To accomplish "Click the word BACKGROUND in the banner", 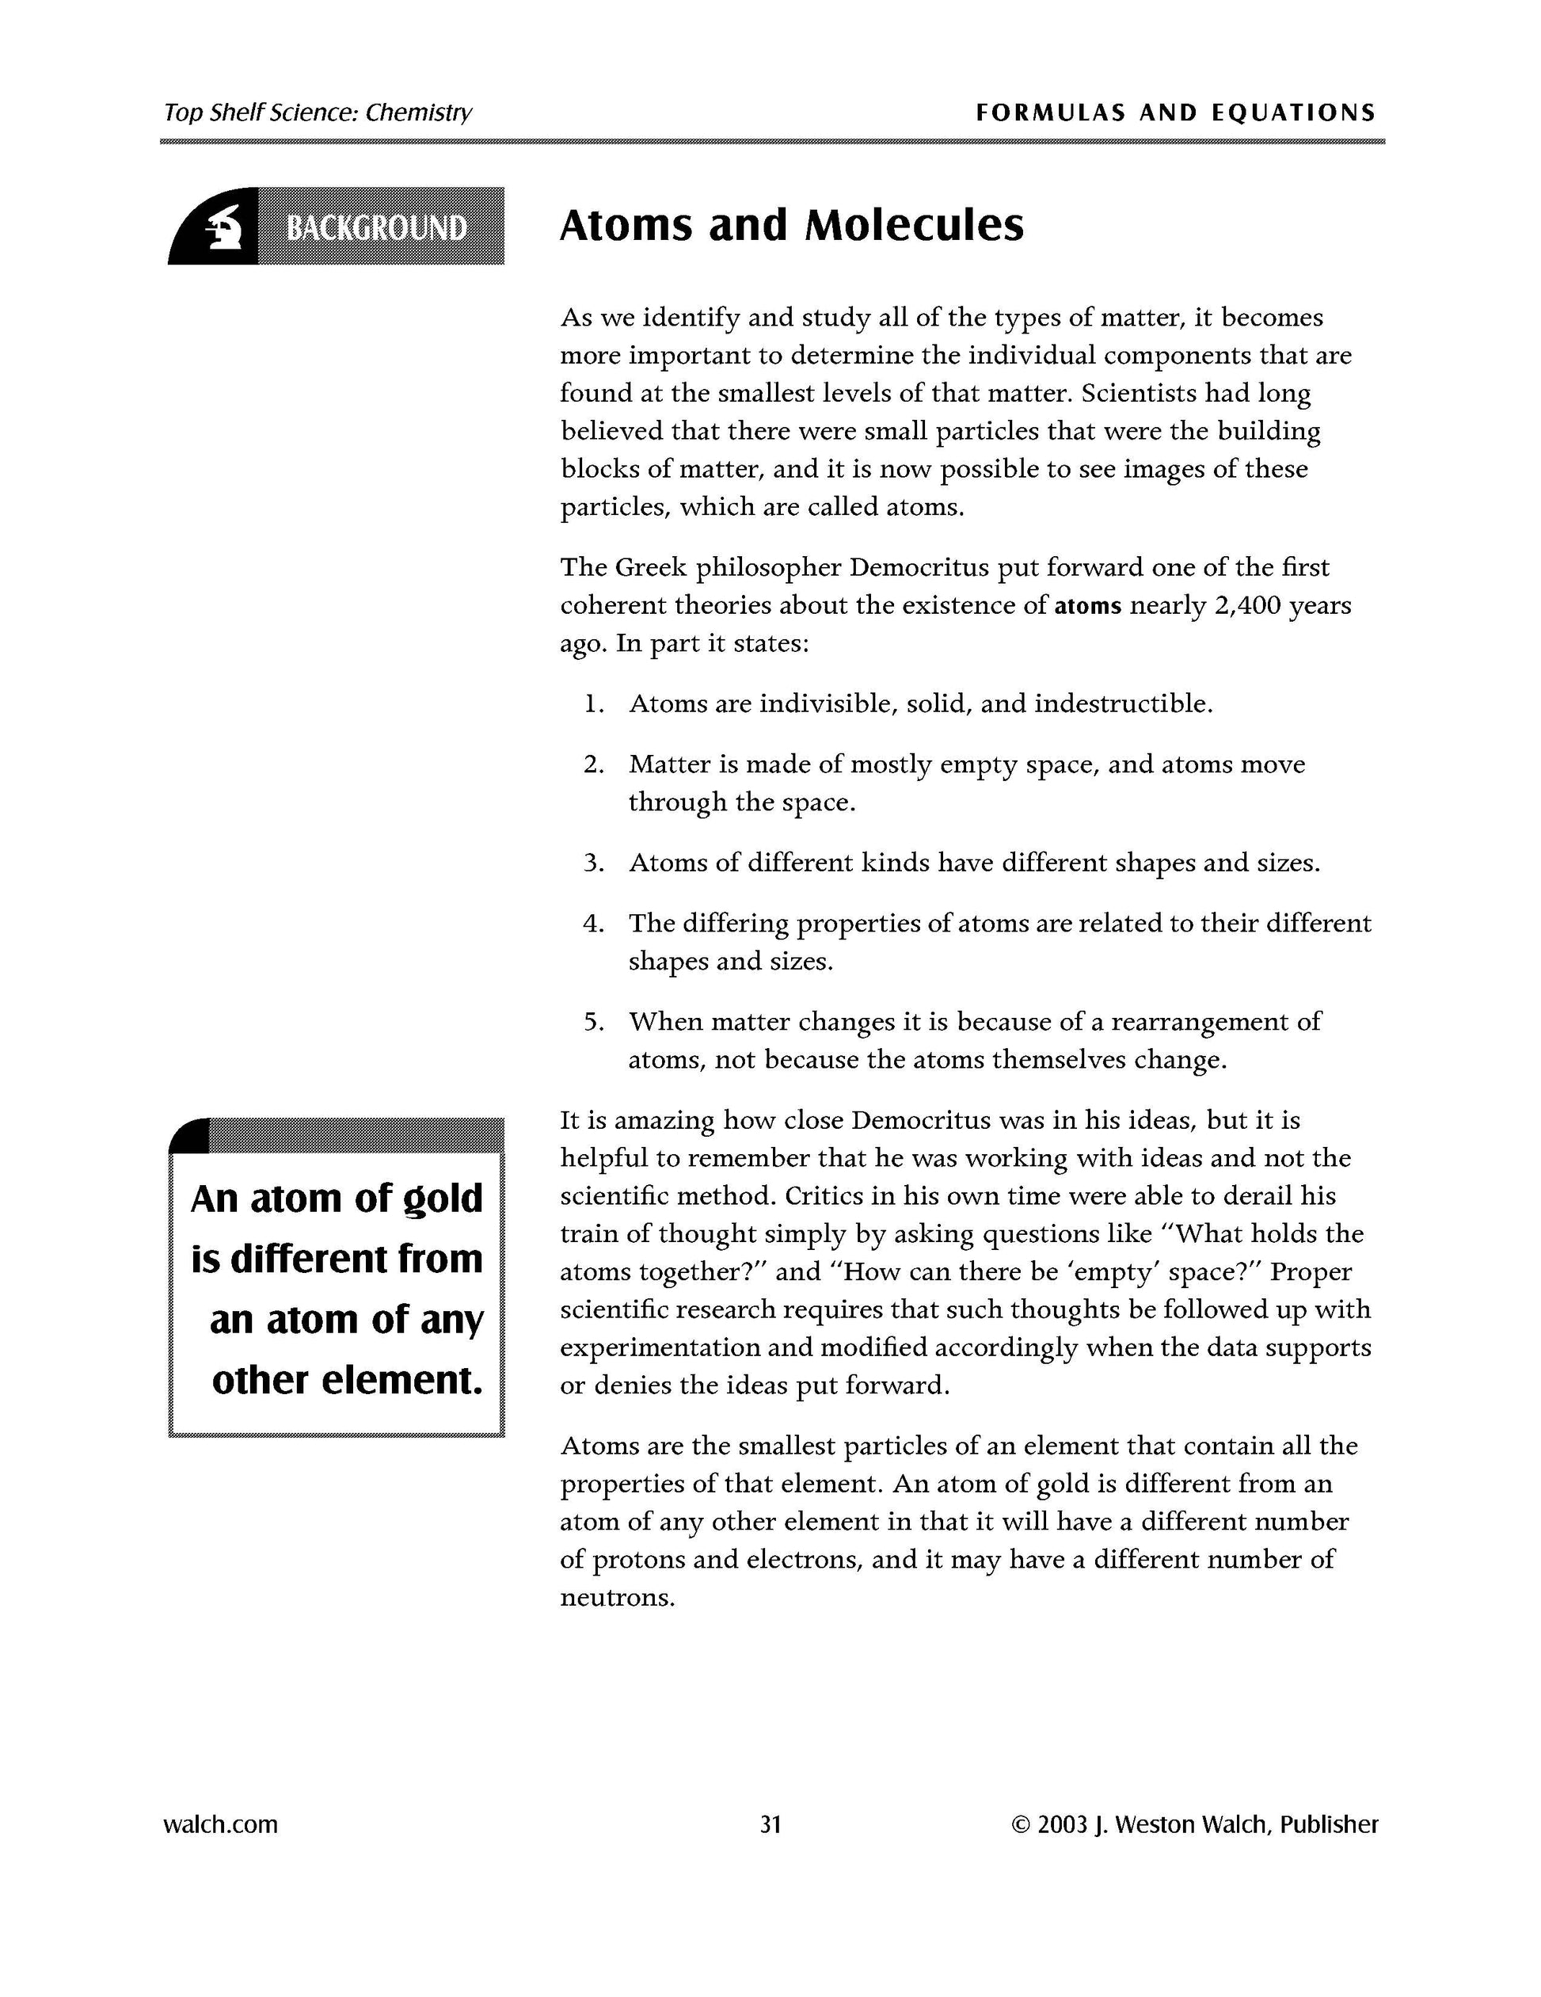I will pos(377,227).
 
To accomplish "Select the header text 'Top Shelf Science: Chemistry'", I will pos(318,112).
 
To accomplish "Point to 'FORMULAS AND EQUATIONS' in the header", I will pos(1175,112).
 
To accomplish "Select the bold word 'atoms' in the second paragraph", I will pos(1088,606).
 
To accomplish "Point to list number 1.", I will pos(594,704).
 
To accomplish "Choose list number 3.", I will pos(594,863).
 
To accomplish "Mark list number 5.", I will pos(594,1021).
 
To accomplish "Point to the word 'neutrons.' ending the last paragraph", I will pos(618,1598).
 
